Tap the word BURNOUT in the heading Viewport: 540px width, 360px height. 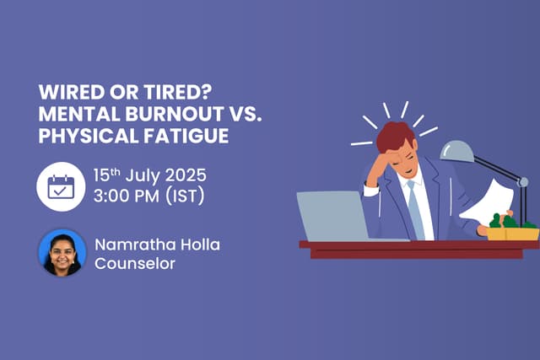click(158, 114)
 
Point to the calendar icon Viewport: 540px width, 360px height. click(62, 186)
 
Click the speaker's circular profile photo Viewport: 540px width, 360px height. click(62, 252)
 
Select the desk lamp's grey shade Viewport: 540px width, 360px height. click(458, 152)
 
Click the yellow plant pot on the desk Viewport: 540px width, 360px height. click(513, 233)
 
